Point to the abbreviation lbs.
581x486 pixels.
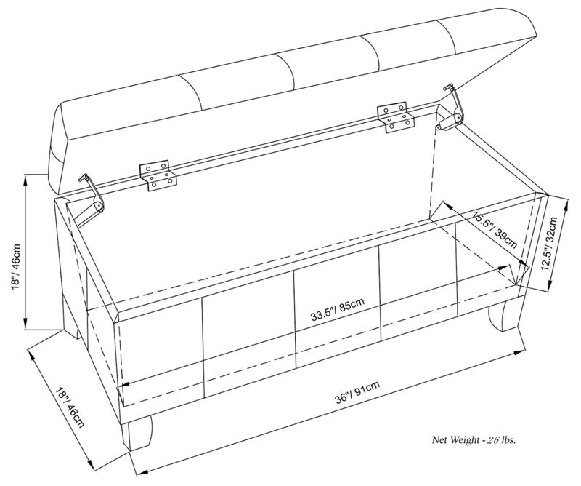pos(512,440)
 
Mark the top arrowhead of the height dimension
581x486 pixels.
pos(26,177)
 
